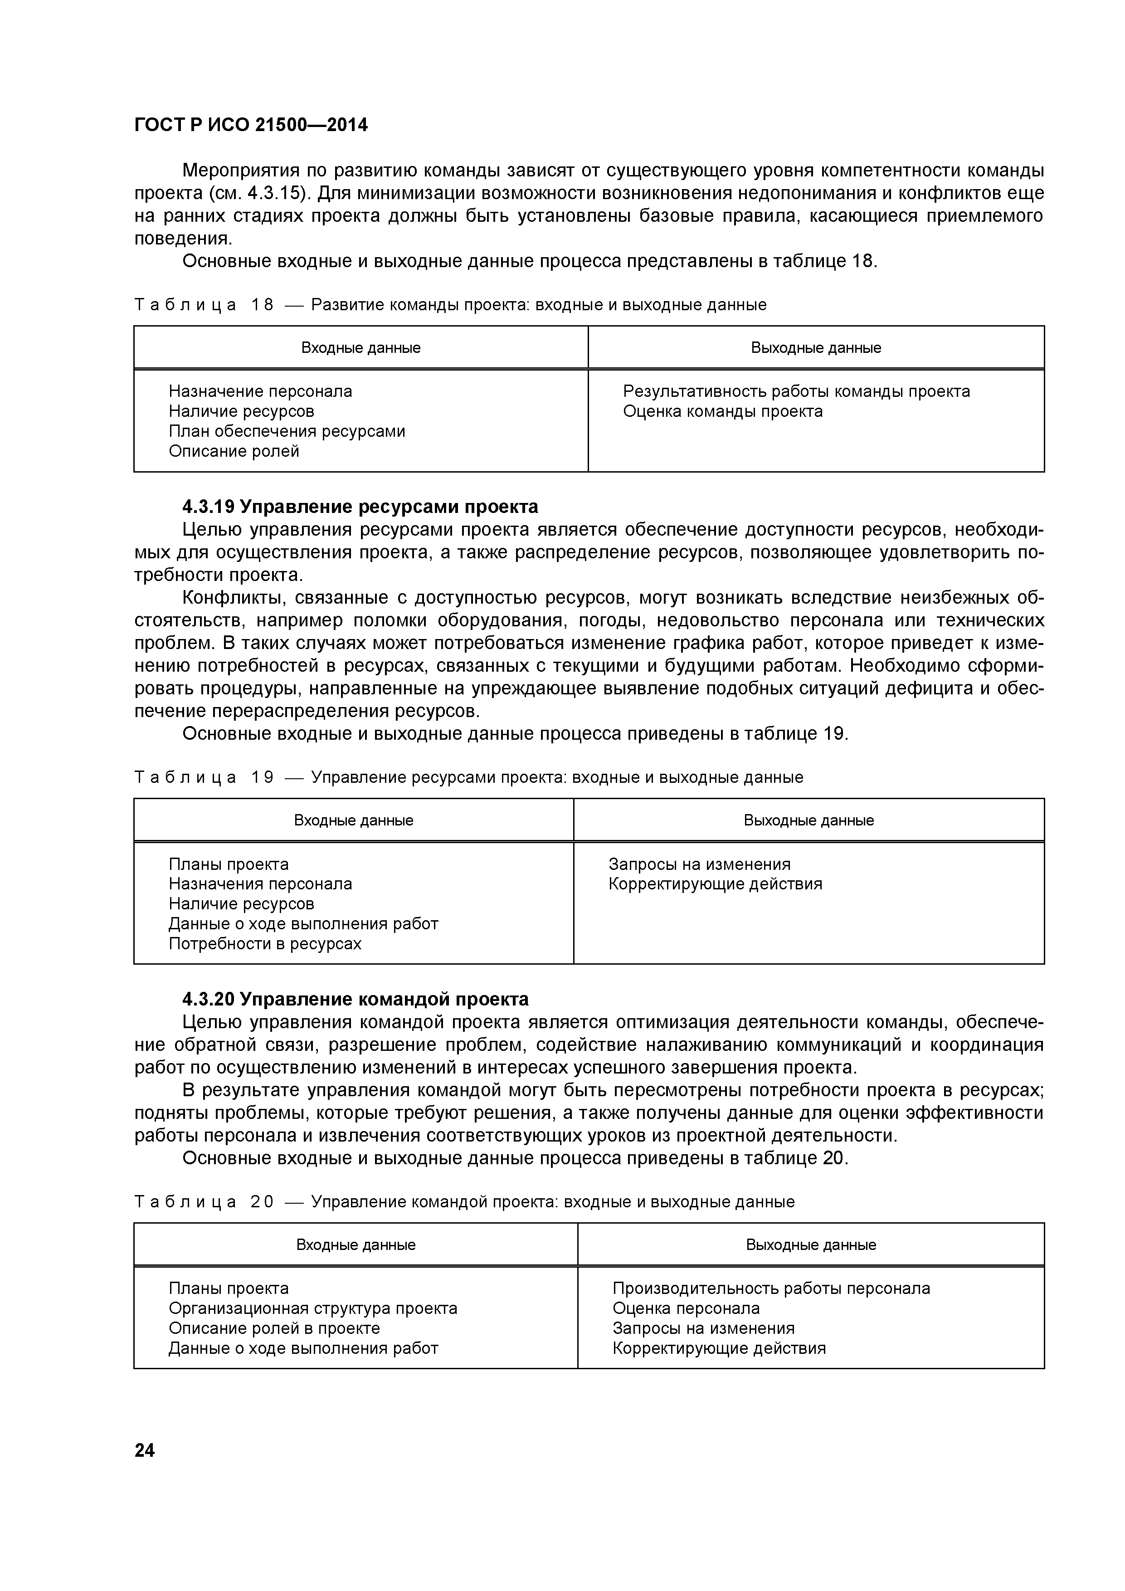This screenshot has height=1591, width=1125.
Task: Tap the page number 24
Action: click(x=145, y=1449)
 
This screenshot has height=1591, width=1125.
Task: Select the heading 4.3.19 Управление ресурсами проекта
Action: click(x=360, y=507)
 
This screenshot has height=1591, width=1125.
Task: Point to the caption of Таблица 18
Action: click(x=450, y=305)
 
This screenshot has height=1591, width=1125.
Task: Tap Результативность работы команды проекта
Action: click(x=796, y=391)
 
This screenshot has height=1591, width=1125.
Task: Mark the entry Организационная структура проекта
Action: click(x=312, y=1308)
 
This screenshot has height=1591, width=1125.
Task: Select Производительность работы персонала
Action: click(x=771, y=1288)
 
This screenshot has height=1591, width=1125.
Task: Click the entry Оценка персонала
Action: click(x=686, y=1308)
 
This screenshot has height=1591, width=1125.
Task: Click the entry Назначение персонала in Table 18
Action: click(x=260, y=391)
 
